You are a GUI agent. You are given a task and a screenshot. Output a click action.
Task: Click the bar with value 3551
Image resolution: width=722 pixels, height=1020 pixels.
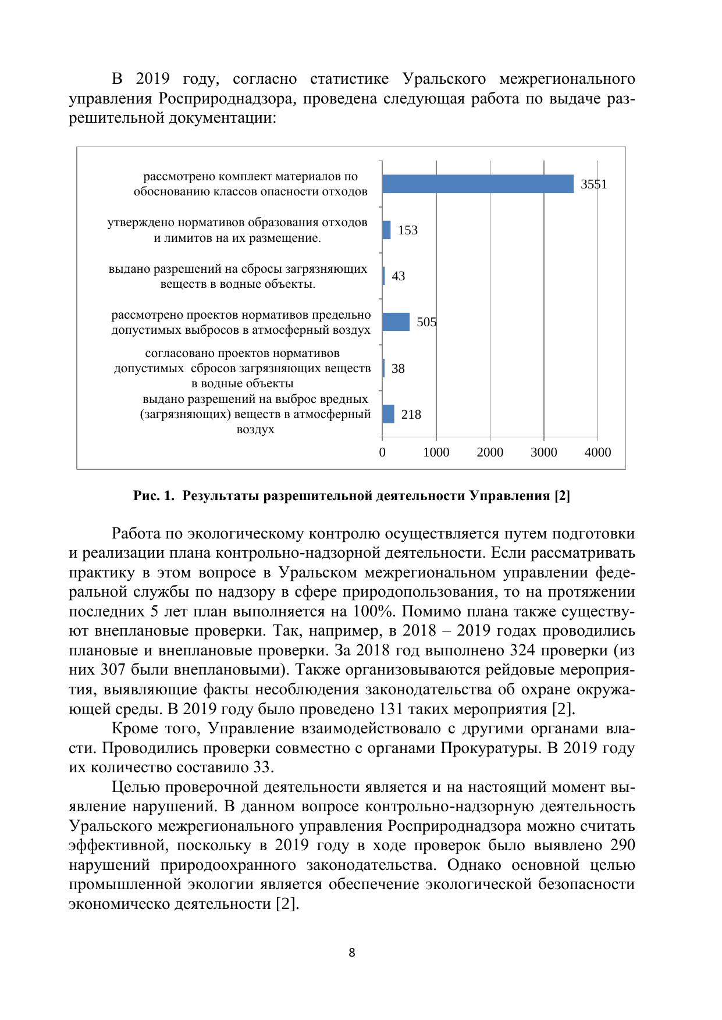click(x=478, y=184)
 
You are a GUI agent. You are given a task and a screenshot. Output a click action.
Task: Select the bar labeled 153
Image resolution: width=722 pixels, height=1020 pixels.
click(x=386, y=230)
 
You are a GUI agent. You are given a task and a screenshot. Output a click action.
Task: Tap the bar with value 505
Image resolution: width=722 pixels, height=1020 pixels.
click(x=396, y=322)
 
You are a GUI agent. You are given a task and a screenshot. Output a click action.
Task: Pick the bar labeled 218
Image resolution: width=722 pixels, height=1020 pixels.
click(x=388, y=414)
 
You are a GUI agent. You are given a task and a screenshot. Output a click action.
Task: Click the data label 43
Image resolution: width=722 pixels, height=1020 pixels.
click(x=399, y=276)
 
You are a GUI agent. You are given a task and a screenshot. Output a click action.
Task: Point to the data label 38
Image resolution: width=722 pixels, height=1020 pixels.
click(x=398, y=369)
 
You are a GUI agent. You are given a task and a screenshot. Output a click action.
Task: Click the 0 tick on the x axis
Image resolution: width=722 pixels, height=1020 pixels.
click(x=382, y=452)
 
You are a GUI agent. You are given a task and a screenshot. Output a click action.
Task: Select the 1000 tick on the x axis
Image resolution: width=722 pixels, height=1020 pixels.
click(x=436, y=452)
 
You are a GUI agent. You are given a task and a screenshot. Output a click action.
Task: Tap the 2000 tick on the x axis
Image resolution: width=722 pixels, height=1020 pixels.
click(x=490, y=452)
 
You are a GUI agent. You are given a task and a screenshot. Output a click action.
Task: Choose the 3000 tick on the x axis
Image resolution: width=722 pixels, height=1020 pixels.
click(x=543, y=452)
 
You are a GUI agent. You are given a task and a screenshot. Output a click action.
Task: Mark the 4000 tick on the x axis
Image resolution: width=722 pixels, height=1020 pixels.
click(x=597, y=452)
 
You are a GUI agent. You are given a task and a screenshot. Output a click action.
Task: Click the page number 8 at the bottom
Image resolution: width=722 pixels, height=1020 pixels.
click(x=352, y=953)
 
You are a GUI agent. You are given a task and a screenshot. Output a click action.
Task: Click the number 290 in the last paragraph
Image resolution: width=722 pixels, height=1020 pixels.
click(x=623, y=845)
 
